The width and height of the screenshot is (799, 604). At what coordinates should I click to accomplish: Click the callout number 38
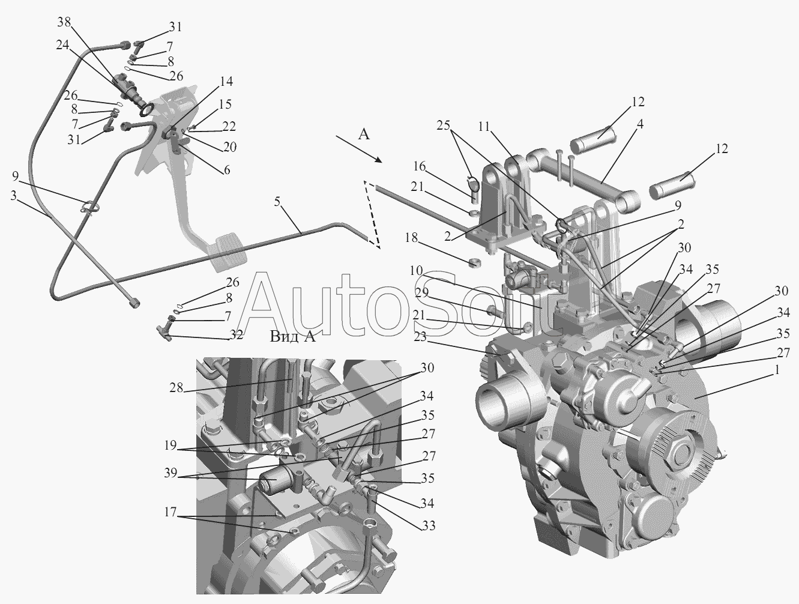click(x=64, y=23)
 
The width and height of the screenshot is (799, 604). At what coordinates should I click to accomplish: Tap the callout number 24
click(x=62, y=45)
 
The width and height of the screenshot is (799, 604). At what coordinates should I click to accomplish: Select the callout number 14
click(x=226, y=81)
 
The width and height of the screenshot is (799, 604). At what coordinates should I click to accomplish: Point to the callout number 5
click(x=277, y=201)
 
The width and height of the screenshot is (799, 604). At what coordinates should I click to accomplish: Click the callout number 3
click(x=14, y=196)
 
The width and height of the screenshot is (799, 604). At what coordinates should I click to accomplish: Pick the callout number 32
click(x=236, y=334)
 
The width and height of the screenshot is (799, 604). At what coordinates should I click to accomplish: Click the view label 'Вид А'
click(x=293, y=337)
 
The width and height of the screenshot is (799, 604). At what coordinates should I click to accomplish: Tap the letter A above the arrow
click(x=364, y=134)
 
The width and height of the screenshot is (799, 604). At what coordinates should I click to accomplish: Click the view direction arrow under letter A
click(x=358, y=149)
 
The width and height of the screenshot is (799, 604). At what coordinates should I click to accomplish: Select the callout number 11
click(x=484, y=127)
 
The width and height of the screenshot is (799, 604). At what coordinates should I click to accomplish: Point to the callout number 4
click(x=639, y=124)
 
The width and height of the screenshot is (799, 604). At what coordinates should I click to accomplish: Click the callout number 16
click(x=420, y=166)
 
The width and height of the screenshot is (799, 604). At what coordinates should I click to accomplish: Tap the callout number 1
click(x=776, y=370)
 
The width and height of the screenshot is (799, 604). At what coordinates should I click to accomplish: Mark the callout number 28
click(x=176, y=388)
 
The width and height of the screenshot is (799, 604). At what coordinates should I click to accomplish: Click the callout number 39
click(x=170, y=473)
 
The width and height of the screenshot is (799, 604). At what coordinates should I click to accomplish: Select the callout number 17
click(x=170, y=512)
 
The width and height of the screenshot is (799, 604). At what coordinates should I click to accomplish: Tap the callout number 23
click(x=420, y=337)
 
